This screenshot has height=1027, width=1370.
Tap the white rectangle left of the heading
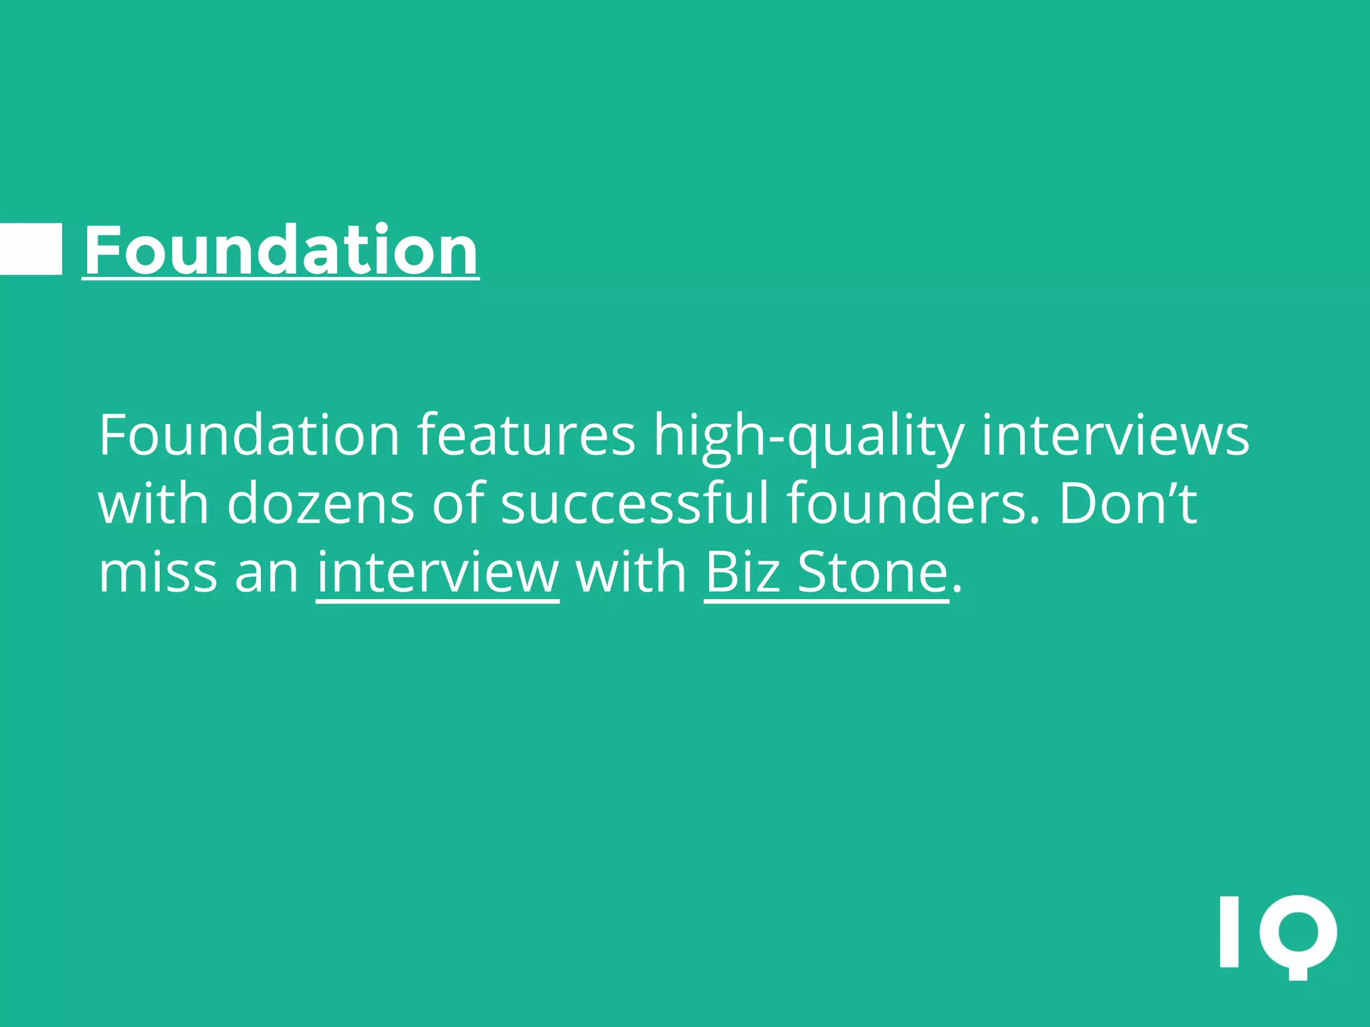31,249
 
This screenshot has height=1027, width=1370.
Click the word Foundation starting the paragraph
249,435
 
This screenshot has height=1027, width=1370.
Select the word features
526,435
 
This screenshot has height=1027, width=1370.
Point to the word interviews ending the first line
1115,435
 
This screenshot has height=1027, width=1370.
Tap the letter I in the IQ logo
1230,931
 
